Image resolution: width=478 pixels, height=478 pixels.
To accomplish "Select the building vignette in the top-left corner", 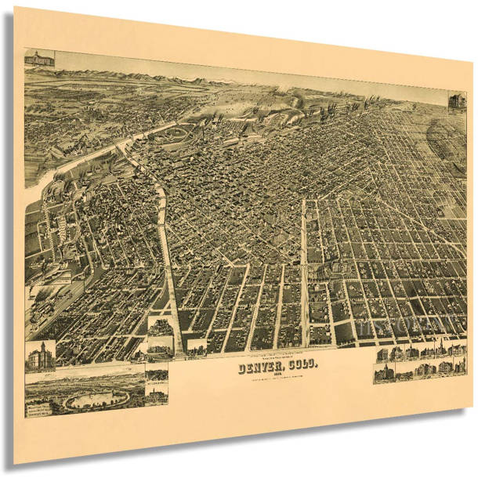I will (39, 58).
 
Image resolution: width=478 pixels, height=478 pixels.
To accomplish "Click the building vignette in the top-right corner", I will (456, 101).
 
